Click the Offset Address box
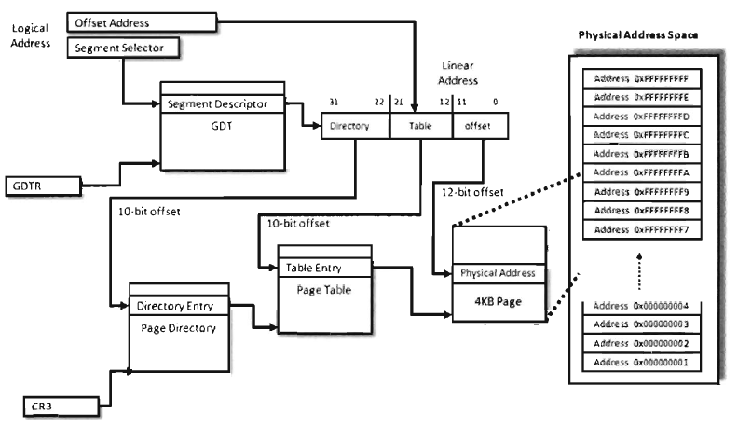(143, 21)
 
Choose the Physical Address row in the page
(498, 272)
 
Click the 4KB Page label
(498, 300)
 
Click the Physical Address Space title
(638, 35)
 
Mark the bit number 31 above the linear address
(335, 102)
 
